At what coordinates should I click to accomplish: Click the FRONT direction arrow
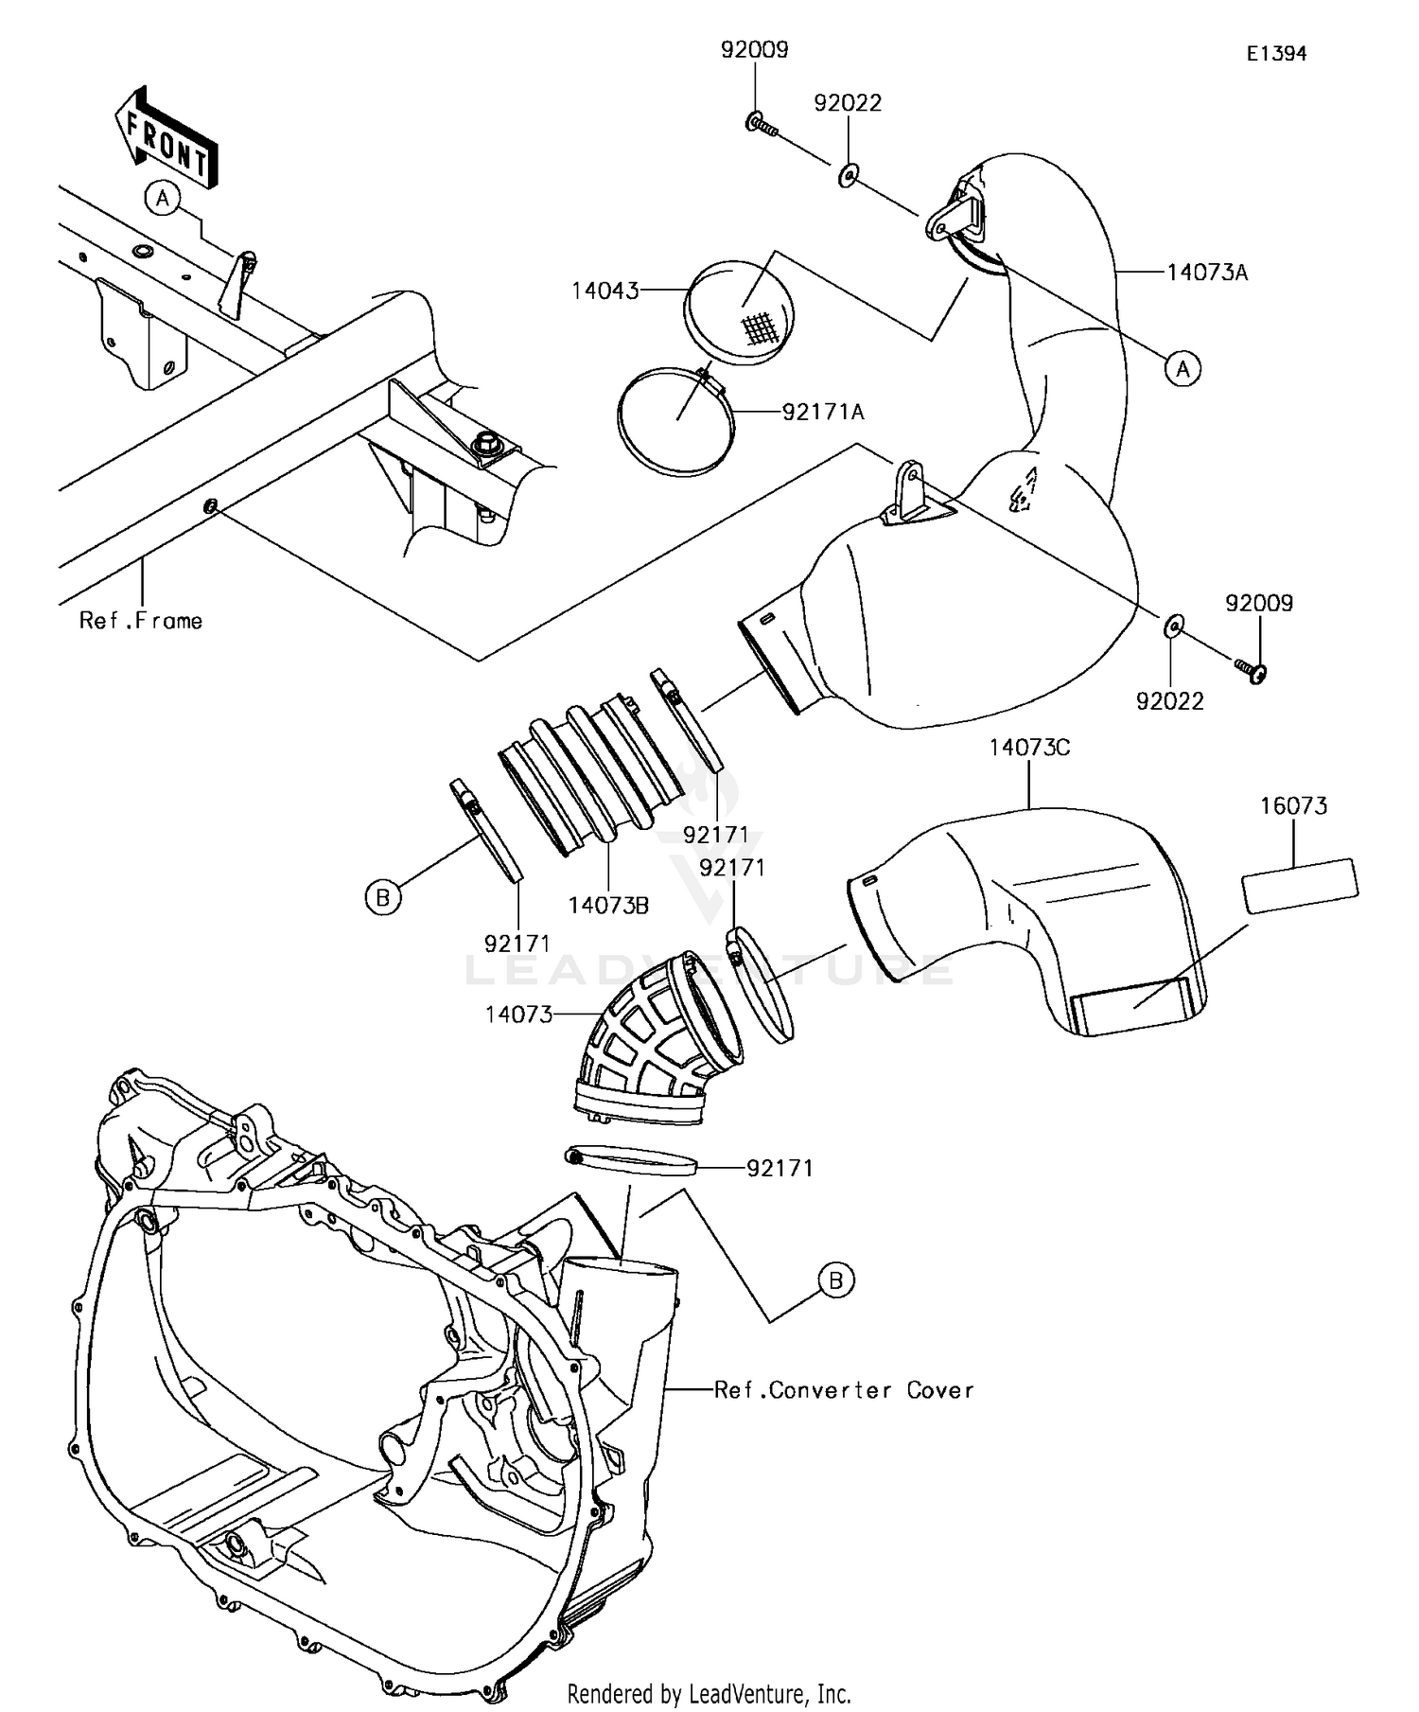[166, 137]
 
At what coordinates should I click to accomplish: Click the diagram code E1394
[1275, 54]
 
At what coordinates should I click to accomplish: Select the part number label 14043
[604, 291]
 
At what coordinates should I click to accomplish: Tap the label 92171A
[822, 412]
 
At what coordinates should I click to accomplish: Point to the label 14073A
[1206, 273]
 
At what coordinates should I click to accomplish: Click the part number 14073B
[608, 905]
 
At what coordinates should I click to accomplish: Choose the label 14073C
[1029, 748]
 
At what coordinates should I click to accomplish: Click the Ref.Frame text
[141, 621]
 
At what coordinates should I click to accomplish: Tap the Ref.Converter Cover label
[843, 1390]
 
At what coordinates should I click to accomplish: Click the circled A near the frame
[163, 199]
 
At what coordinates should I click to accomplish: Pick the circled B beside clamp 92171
[382, 896]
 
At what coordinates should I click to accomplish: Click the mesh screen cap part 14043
[740, 313]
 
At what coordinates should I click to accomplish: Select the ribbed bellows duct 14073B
[590, 774]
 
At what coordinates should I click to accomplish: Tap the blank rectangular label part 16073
[1299, 885]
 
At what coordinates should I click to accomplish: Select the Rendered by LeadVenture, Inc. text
[709, 1693]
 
